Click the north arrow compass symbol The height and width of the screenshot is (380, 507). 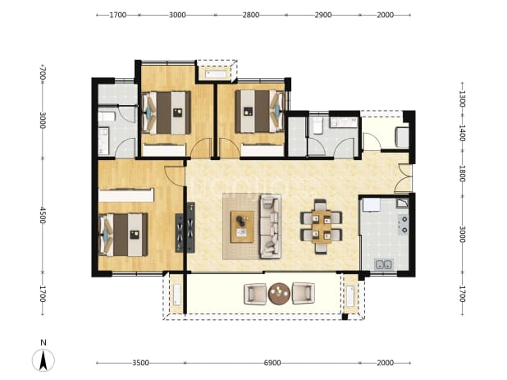pyautogui.click(x=43, y=360)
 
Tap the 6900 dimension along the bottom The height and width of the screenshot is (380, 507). pyautogui.click(x=272, y=364)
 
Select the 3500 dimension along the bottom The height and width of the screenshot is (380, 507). pyautogui.click(x=140, y=364)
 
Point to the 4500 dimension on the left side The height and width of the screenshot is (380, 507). pyautogui.click(x=43, y=215)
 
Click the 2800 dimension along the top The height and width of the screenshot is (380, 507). pyautogui.click(x=251, y=15)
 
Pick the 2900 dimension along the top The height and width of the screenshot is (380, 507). pyautogui.click(x=323, y=15)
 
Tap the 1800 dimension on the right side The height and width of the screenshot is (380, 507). pyautogui.click(x=462, y=174)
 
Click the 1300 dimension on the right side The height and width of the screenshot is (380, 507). pyautogui.click(x=462, y=99)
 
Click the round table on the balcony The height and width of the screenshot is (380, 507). pyautogui.click(x=279, y=293)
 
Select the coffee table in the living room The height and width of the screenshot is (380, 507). pyautogui.click(x=242, y=227)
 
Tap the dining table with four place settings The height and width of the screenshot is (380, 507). pyautogui.click(x=321, y=227)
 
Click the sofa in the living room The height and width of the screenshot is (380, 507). pyautogui.click(x=270, y=227)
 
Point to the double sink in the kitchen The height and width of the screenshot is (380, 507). pyautogui.click(x=383, y=264)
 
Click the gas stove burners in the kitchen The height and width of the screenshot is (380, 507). pyautogui.click(x=403, y=224)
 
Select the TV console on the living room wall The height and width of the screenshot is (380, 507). pyautogui.click(x=191, y=227)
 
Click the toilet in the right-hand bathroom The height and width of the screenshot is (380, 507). pyautogui.click(x=317, y=126)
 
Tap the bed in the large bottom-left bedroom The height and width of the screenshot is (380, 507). pyautogui.click(x=123, y=235)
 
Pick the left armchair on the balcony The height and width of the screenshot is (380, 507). pyautogui.click(x=255, y=294)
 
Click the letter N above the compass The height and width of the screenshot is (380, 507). pyautogui.click(x=43, y=342)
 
